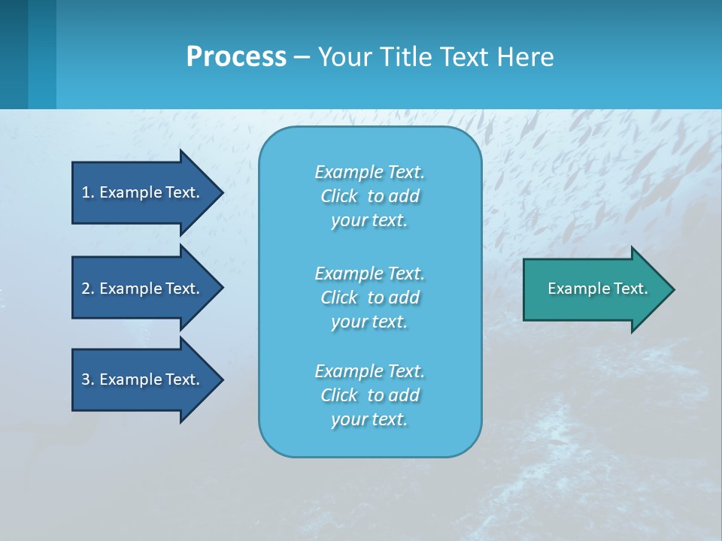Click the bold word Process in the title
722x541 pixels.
click(x=236, y=57)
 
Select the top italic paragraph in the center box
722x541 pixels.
click(x=369, y=196)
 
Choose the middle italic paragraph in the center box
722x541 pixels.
click(x=369, y=298)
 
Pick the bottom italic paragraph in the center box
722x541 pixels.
click(x=369, y=395)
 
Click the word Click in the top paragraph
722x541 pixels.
click(x=339, y=196)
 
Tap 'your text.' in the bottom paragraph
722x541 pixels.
click(x=369, y=419)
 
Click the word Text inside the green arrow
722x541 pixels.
click(x=630, y=289)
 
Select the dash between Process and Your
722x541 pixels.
click(x=302, y=57)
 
